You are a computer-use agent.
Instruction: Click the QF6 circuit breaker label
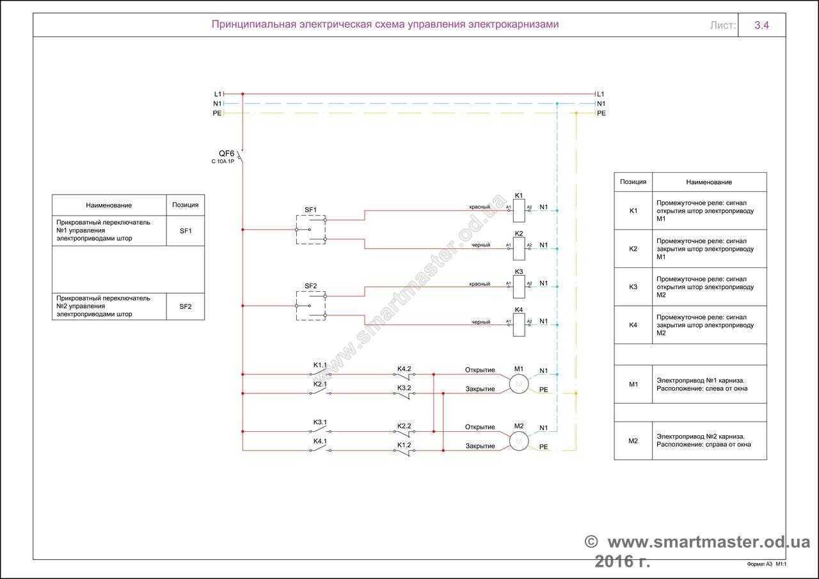tap(227, 154)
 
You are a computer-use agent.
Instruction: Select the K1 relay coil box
tap(519, 210)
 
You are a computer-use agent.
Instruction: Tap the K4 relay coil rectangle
tap(519, 324)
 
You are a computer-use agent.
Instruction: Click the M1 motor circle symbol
tap(519, 383)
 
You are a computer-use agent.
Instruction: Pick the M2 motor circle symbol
tap(519, 441)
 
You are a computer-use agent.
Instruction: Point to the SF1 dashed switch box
tap(310, 229)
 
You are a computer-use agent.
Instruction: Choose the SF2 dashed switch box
tap(310, 306)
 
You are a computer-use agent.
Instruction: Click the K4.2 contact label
tap(404, 369)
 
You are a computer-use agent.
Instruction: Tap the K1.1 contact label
tap(320, 365)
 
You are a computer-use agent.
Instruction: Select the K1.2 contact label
tap(404, 445)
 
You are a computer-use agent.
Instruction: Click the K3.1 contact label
tap(320, 422)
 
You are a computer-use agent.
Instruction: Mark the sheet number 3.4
tap(761, 26)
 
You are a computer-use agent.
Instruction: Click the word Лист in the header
tap(722, 26)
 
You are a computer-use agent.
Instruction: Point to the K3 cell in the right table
tap(633, 287)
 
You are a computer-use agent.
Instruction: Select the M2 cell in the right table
tap(633, 440)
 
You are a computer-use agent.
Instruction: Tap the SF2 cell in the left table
tap(186, 306)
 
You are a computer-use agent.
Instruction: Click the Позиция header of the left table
tap(186, 205)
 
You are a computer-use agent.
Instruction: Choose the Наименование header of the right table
tap(709, 182)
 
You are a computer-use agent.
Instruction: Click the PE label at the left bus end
tap(217, 113)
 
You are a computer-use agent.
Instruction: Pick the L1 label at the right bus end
tap(600, 94)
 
